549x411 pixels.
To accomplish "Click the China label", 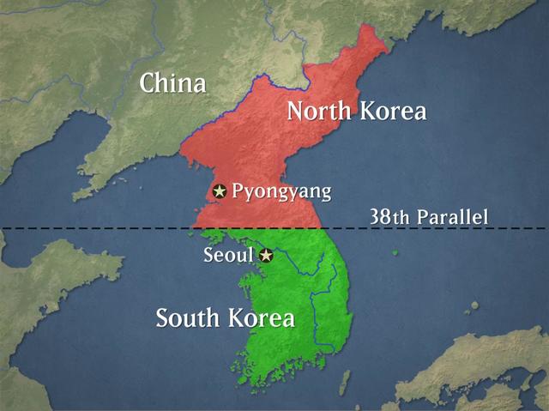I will coord(172,84).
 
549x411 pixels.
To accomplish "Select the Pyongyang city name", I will coord(281,190).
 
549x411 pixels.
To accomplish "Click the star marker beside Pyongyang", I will coord(220,190).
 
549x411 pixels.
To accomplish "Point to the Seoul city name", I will coord(228,255).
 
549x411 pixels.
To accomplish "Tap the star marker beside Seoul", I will coord(266,255).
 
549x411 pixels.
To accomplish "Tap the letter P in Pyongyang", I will coord(238,190).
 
